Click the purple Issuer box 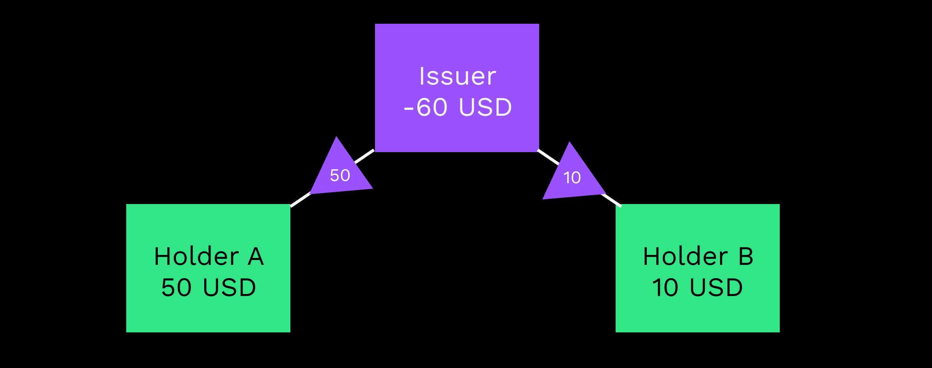457,45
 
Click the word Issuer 457,76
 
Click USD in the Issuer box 485,108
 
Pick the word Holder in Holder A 196,256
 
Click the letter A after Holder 256,256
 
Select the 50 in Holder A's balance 176,287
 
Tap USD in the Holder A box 229,287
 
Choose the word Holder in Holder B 685,256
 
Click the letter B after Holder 746,256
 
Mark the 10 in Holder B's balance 665,287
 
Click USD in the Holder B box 716,287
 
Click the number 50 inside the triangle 340,175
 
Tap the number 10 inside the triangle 572,178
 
